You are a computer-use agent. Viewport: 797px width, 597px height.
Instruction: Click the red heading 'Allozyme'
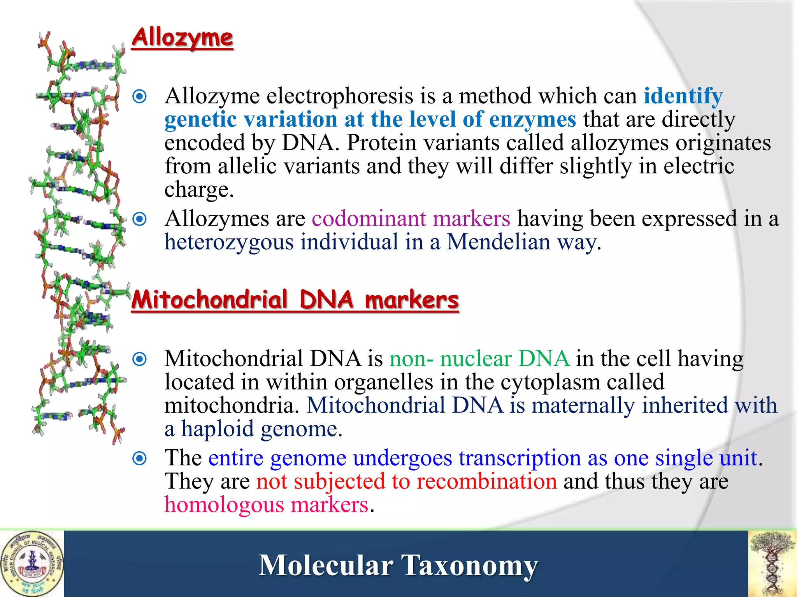point(182,38)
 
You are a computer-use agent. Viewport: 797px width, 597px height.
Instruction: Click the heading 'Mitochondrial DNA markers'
point(295,300)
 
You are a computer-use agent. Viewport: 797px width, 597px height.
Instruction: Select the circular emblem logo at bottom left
point(32,563)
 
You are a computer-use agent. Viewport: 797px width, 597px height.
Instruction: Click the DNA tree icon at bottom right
point(772,563)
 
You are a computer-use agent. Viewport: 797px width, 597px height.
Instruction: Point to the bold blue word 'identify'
point(683,96)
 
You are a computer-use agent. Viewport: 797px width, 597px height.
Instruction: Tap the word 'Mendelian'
point(498,242)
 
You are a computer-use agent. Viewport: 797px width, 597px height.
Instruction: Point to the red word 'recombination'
point(486,482)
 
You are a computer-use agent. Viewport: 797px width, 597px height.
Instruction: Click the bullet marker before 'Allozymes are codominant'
point(139,219)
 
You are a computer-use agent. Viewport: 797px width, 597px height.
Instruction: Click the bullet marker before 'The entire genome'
point(139,459)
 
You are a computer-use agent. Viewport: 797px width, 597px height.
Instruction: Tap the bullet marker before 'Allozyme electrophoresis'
point(139,96)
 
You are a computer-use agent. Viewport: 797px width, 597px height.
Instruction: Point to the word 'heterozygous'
point(229,242)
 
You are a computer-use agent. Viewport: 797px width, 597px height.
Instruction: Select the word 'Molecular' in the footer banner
point(326,565)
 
